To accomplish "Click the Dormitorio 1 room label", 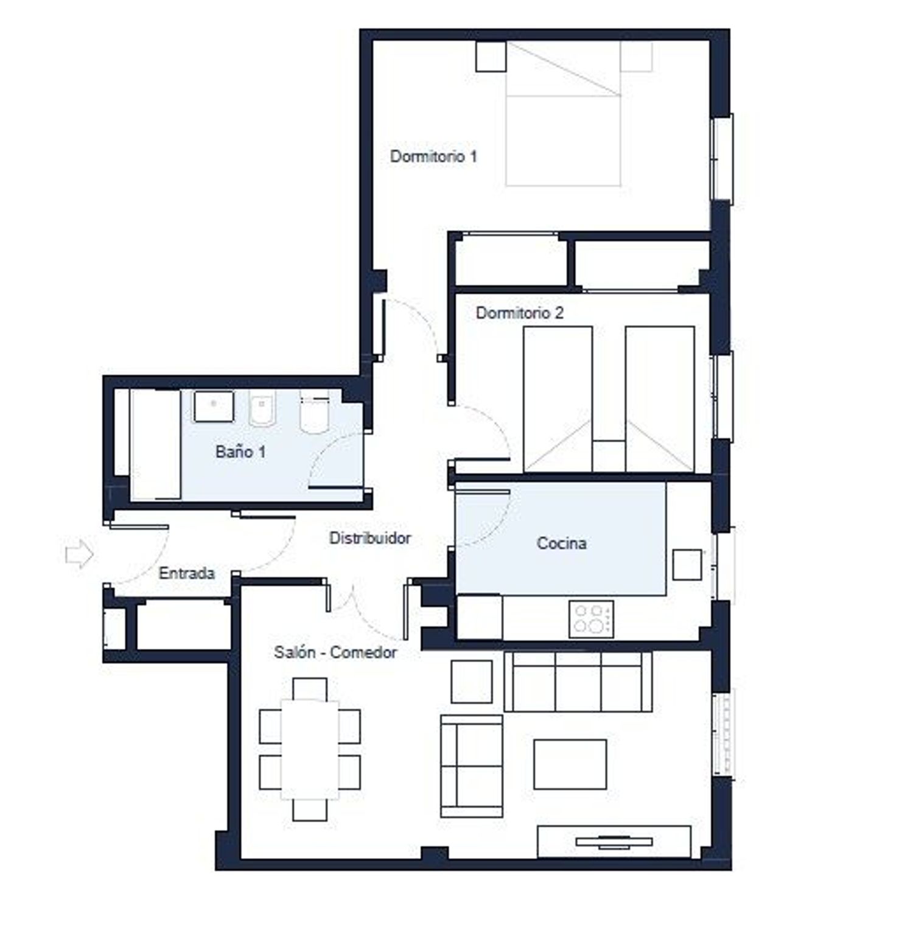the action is (433, 156).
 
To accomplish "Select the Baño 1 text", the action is (240, 452).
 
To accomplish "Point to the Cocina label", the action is (561, 543).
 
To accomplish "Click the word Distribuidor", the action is (370, 538).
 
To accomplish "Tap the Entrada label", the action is (187, 573).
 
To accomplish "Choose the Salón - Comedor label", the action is (335, 652).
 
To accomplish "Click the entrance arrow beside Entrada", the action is (79, 554).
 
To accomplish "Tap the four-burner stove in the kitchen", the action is (591, 619).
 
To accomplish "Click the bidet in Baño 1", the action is (262, 408).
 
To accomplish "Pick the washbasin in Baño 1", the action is (214, 407).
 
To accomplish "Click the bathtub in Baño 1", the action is (156, 444).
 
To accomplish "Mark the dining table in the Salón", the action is (310, 750).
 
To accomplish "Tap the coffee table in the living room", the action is (570, 764).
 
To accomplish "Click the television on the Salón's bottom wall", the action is (614, 842).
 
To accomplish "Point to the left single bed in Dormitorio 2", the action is (558, 399).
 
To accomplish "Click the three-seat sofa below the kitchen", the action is (578, 682).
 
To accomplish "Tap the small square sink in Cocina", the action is (687, 565).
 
